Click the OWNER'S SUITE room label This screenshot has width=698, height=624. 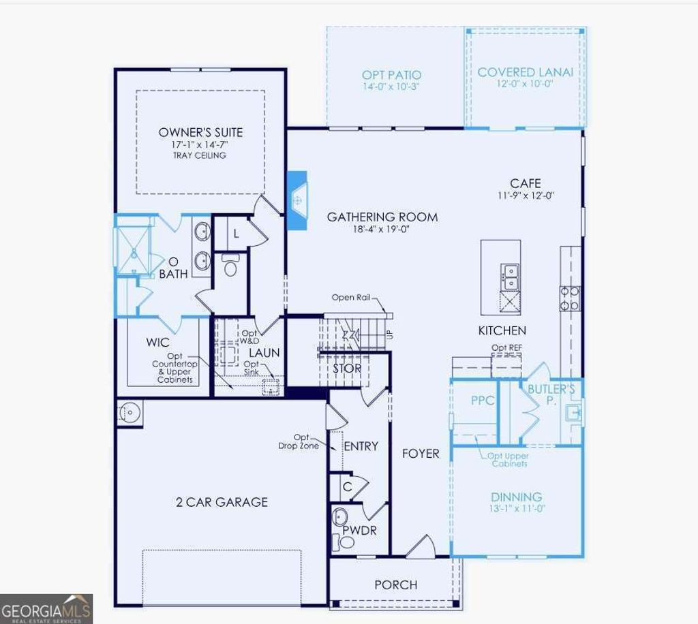[200, 132]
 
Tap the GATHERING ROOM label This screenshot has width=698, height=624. [382, 217]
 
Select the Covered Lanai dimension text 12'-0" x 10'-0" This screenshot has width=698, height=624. [525, 84]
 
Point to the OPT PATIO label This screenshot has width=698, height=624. [391, 75]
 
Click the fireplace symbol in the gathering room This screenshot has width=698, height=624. [298, 200]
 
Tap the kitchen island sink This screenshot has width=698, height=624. [510, 275]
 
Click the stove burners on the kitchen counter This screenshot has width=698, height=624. [570, 298]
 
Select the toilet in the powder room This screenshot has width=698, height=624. [347, 542]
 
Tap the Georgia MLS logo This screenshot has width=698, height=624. [46, 608]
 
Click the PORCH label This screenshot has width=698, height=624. [396, 584]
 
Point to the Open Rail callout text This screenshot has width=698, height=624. [352, 298]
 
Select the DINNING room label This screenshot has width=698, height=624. [517, 497]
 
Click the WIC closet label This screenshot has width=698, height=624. [158, 342]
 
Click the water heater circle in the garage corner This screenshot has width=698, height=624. [129, 412]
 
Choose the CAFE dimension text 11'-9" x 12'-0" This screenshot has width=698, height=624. [526, 195]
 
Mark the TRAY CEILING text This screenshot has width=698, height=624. [200, 155]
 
